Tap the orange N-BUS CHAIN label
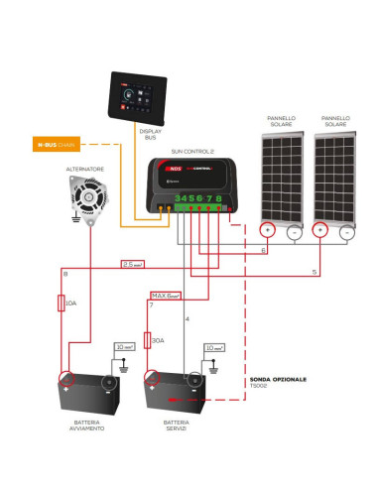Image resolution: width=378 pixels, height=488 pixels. point(56,145)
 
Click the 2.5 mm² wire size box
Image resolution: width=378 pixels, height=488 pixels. point(134,265)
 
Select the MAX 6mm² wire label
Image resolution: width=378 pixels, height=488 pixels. point(166,295)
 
